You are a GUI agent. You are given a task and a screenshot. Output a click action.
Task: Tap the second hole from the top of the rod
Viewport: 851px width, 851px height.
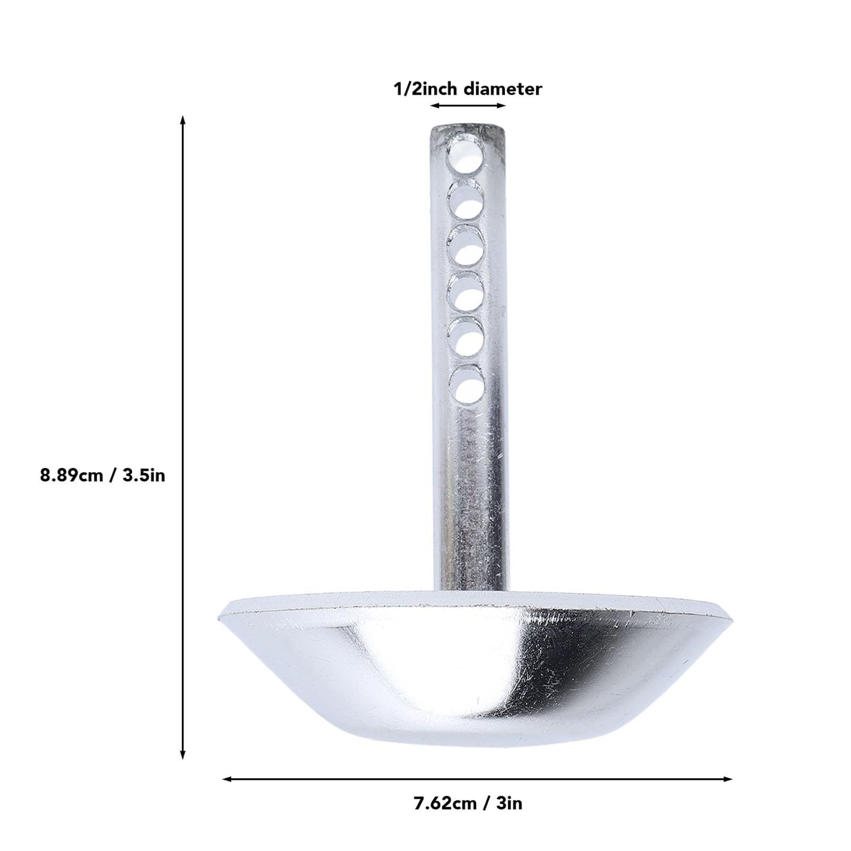pyautogui.click(x=465, y=201)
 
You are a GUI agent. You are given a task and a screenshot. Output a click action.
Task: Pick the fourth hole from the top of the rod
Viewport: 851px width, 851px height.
pyautogui.click(x=465, y=292)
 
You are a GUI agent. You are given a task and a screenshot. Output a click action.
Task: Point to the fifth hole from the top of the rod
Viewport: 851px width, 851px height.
pyautogui.click(x=466, y=339)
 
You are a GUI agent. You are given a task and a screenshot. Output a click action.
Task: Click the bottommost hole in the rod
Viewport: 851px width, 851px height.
pyautogui.click(x=466, y=385)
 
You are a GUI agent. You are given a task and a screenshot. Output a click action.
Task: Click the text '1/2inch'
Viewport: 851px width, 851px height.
pyautogui.click(x=424, y=89)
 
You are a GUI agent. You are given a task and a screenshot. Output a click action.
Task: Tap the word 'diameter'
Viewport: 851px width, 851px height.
pyautogui.click(x=502, y=89)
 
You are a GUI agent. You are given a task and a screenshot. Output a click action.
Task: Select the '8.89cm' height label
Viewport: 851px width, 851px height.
pyautogui.click(x=71, y=475)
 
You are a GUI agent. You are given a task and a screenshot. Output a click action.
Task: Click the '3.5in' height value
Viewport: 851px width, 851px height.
pyautogui.click(x=144, y=475)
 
